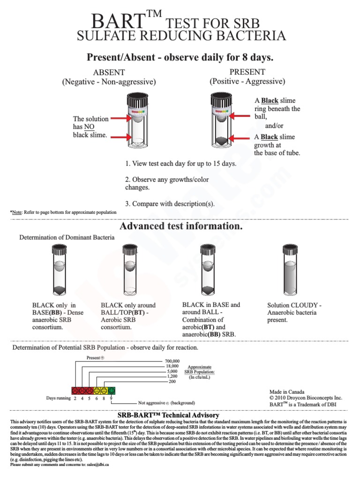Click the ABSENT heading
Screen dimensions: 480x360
pos(109,72)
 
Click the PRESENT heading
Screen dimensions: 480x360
pos(247,72)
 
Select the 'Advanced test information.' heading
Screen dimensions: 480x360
pos(181,226)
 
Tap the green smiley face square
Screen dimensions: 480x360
pos(112,390)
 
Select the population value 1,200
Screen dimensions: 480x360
pos(172,376)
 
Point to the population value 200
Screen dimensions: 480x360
pos(172,382)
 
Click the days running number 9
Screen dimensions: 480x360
pos(111,398)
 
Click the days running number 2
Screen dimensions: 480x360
pos(75,398)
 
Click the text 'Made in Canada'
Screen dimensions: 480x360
pos(286,392)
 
